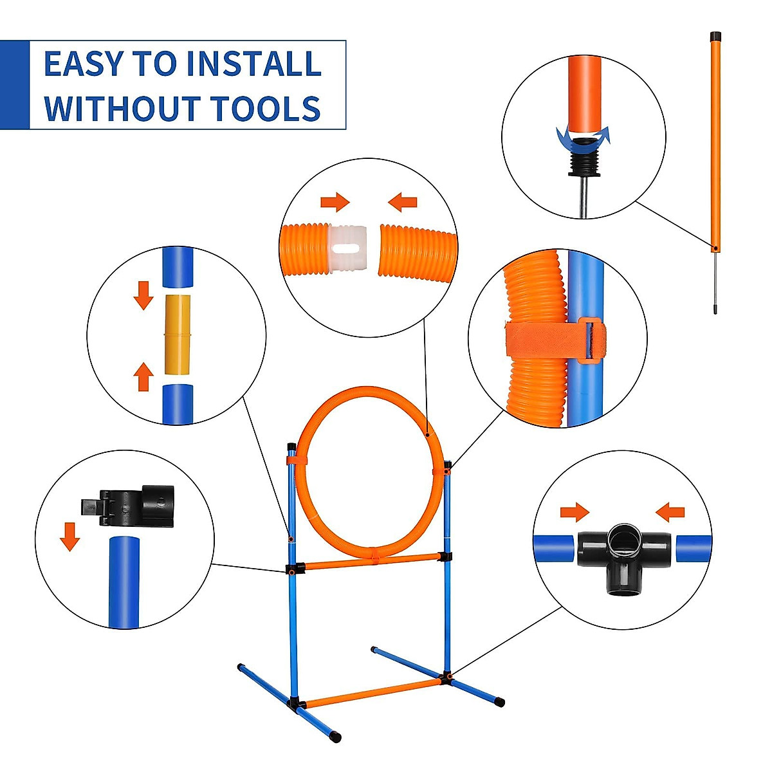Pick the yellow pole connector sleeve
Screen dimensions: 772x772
[x=178, y=335]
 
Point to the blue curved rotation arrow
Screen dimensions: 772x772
[x=583, y=136]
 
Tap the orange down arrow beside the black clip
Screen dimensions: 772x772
[x=69, y=536]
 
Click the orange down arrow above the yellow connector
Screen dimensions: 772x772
[x=143, y=295]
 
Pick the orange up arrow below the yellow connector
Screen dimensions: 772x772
[x=143, y=376]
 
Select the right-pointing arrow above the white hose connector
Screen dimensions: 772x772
[x=335, y=203]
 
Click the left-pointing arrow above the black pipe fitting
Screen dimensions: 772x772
[x=670, y=512]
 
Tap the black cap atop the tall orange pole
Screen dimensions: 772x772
[x=715, y=36]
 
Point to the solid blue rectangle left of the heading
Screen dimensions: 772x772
[x=14, y=85]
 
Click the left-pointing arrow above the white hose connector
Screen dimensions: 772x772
[x=403, y=203]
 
